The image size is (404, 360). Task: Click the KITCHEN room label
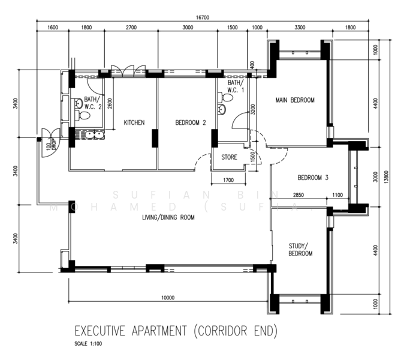[x=134, y=122]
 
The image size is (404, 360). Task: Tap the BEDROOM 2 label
[x=190, y=122]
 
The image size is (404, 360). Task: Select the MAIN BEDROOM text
[x=294, y=100]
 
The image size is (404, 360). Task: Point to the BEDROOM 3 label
[x=313, y=177]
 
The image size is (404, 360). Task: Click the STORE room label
[x=229, y=157]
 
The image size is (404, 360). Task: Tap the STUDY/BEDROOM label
[x=300, y=250]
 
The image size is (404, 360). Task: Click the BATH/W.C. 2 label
[x=92, y=103]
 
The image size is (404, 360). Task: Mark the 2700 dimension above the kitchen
[x=131, y=28]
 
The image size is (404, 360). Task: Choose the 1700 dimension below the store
[x=228, y=180]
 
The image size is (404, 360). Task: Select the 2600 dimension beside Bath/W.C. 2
[x=110, y=103]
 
